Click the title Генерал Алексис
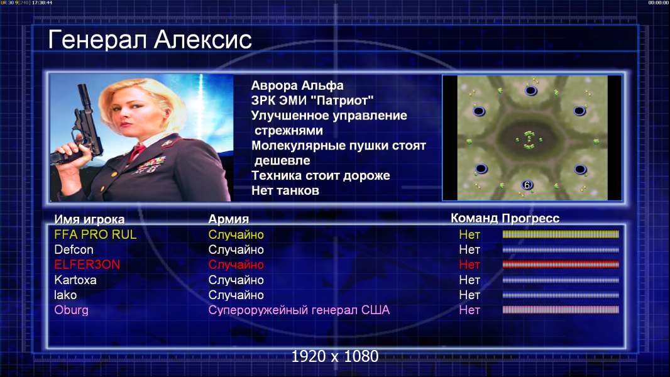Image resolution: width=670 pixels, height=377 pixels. click(x=150, y=40)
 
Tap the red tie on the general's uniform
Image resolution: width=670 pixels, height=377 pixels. click(x=137, y=151)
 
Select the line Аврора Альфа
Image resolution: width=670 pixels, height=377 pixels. click(x=297, y=85)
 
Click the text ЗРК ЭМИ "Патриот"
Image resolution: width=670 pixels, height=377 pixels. click(x=312, y=101)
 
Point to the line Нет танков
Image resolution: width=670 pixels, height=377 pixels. click(x=285, y=190)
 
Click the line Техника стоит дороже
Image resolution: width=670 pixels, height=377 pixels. click(x=321, y=175)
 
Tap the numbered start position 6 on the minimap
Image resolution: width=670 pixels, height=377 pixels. click(x=527, y=185)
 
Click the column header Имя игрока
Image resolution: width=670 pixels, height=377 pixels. click(x=89, y=219)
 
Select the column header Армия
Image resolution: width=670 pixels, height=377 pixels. click(x=229, y=219)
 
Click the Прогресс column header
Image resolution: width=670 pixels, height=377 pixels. click(x=530, y=219)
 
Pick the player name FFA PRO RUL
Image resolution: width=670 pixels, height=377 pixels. click(x=96, y=234)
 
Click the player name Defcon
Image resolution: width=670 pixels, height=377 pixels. click(x=74, y=250)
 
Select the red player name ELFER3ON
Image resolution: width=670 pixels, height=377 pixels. click(x=87, y=265)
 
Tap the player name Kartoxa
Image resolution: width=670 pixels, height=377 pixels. click(x=75, y=280)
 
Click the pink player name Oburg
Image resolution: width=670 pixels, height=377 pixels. click(x=71, y=310)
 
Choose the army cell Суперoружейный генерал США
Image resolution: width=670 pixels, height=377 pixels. click(x=299, y=310)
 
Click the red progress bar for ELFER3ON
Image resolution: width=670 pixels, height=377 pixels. click(x=561, y=265)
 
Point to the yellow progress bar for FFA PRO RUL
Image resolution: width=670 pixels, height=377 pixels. click(x=561, y=234)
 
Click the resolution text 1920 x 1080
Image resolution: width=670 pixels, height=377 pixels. click(x=334, y=356)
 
